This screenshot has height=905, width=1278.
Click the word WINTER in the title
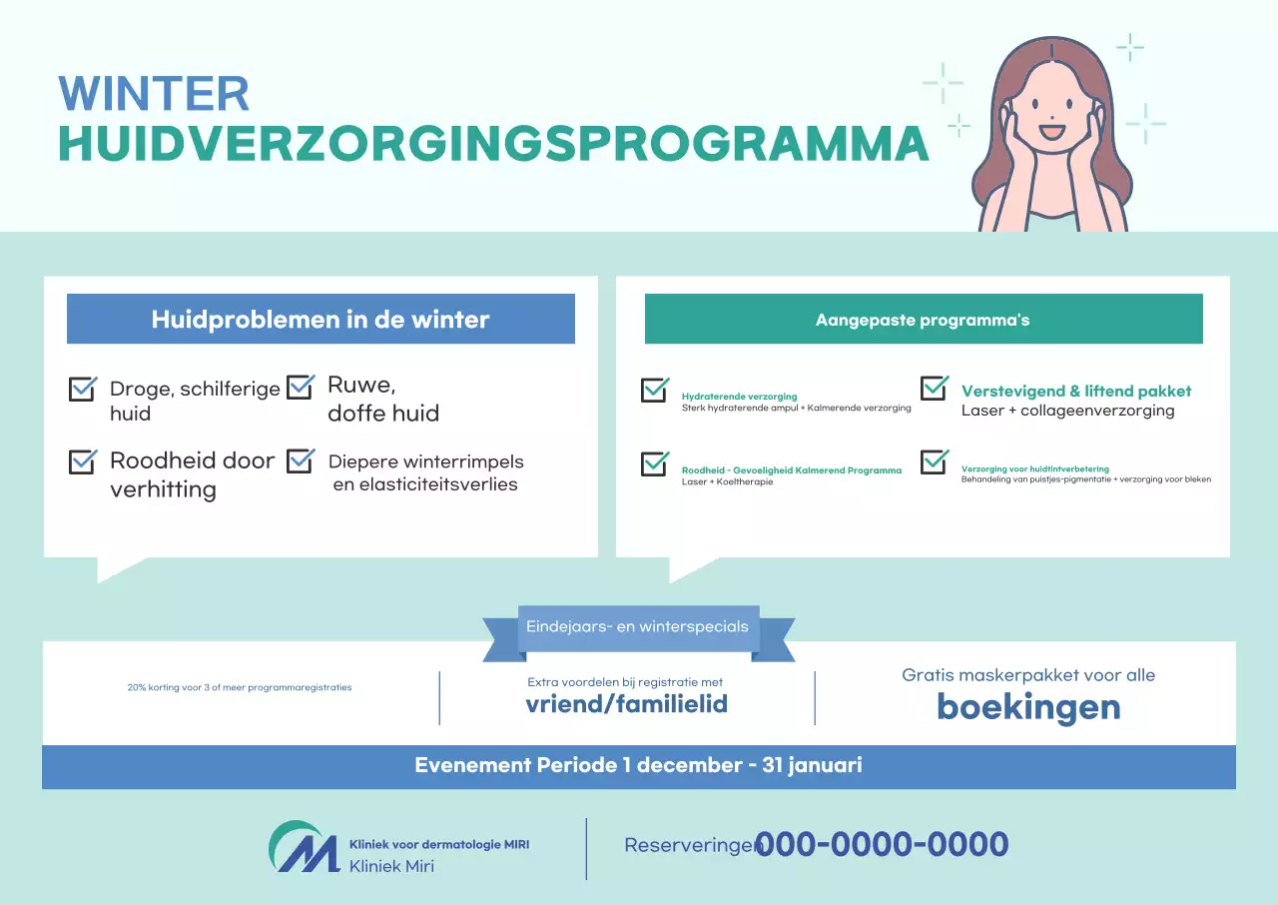154,94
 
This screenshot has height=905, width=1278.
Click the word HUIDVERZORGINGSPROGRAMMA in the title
493,144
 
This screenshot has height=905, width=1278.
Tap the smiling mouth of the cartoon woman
1052,131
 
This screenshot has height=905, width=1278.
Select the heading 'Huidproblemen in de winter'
320,320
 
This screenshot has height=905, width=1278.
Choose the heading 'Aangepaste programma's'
923,320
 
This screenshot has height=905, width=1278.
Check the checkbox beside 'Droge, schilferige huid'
83,389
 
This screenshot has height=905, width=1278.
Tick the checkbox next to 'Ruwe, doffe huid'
301,387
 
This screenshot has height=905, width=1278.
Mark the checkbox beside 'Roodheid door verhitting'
83,461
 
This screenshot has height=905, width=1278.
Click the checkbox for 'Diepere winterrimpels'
301,461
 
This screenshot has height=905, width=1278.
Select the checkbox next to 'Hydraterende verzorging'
655,391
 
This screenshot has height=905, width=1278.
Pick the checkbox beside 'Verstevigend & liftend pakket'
935,388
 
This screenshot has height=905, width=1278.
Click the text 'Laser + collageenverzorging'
1067,411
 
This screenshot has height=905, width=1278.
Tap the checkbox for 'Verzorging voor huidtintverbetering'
935,461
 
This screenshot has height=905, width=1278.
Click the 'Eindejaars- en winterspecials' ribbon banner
638,628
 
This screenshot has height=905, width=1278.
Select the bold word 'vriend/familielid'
626,704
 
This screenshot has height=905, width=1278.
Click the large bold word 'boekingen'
1028,707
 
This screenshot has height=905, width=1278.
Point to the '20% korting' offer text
240,688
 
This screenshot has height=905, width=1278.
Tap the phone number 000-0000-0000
882,845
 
